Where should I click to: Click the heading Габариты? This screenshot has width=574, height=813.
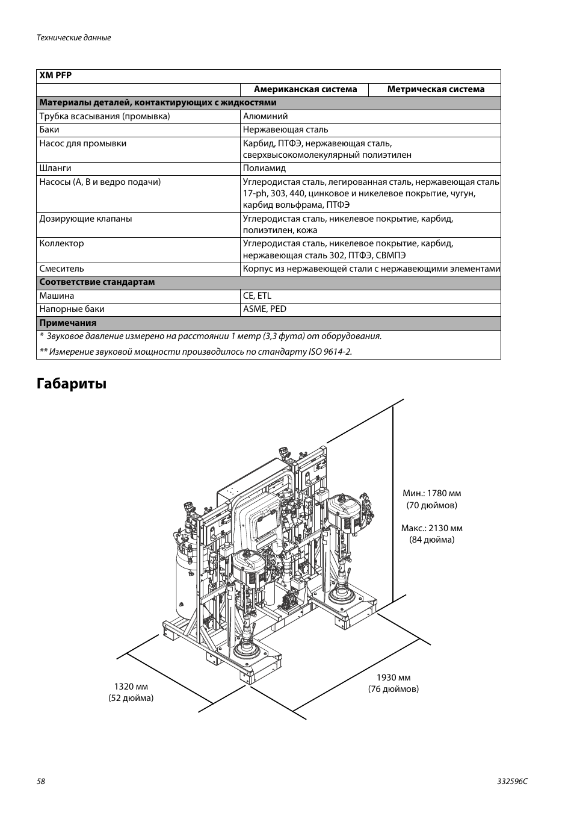72,384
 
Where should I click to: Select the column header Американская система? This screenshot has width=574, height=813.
305,89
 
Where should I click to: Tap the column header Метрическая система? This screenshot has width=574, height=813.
436,89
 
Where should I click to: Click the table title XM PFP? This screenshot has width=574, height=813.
55,76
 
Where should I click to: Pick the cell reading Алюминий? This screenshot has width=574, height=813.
265,116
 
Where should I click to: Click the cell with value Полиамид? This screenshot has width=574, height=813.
264,168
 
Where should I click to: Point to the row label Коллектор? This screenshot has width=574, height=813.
61,243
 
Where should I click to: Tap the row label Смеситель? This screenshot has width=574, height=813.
61,269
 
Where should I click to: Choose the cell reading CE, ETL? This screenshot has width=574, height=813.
257,296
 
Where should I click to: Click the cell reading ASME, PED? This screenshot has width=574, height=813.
265,309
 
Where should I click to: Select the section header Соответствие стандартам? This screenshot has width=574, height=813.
97,282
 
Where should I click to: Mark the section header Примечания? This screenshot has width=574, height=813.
68,323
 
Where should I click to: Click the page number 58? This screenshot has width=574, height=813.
41,781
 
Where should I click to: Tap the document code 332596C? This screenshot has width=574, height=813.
513,781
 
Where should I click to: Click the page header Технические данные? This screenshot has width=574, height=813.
74,37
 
